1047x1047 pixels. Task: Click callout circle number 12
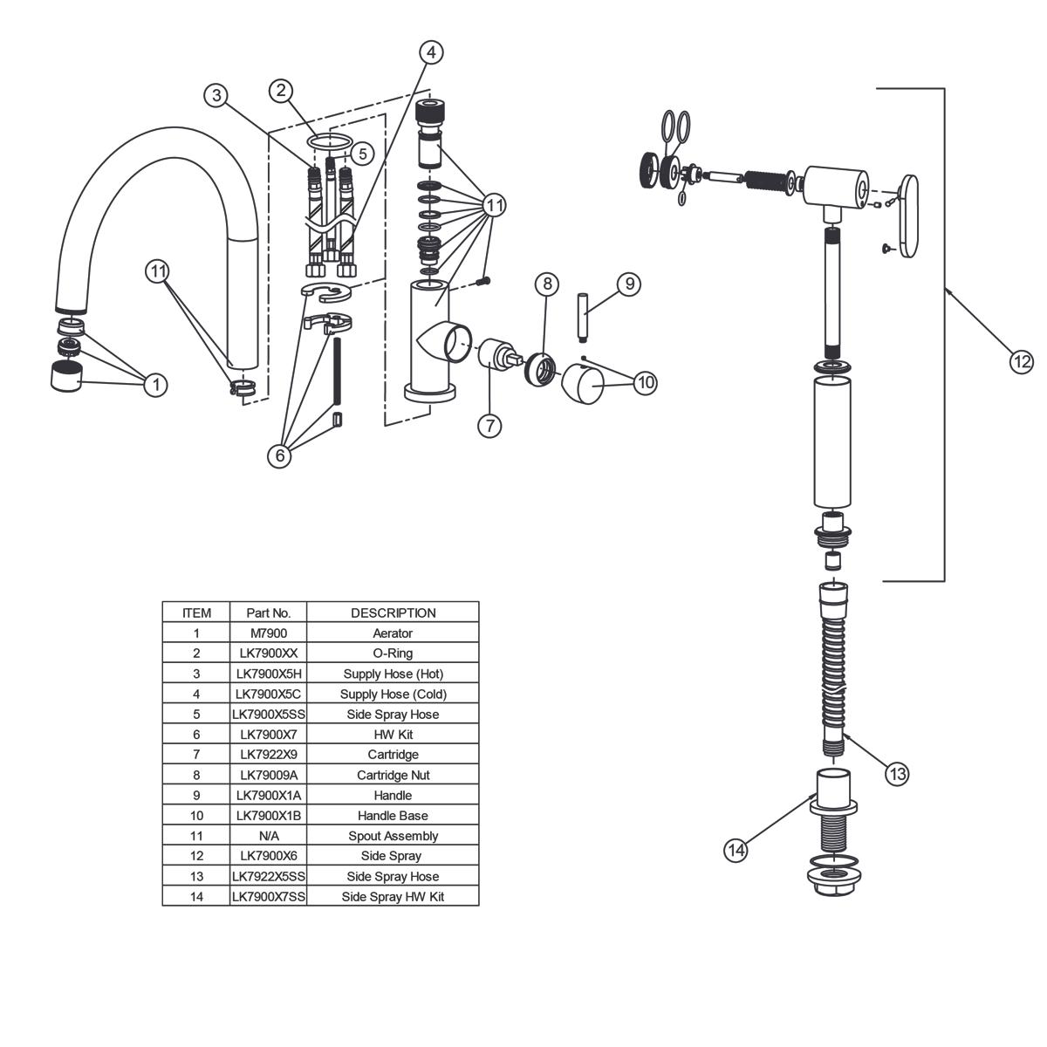(x=1021, y=360)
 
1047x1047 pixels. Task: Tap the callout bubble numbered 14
(x=738, y=850)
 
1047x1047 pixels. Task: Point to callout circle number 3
(x=216, y=95)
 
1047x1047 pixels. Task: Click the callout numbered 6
(x=279, y=455)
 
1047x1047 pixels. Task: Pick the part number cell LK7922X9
(x=268, y=754)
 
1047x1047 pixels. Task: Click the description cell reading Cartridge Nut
(x=393, y=775)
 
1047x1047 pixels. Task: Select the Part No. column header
(x=268, y=612)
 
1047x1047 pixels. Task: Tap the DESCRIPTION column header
(x=393, y=612)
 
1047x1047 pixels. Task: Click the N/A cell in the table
(x=268, y=836)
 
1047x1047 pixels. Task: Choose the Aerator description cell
(x=393, y=633)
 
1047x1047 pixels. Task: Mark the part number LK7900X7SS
(x=268, y=896)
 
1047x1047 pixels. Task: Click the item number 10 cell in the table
(x=196, y=816)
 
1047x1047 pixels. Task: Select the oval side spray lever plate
(x=907, y=216)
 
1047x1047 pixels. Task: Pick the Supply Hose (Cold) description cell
(x=393, y=694)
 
